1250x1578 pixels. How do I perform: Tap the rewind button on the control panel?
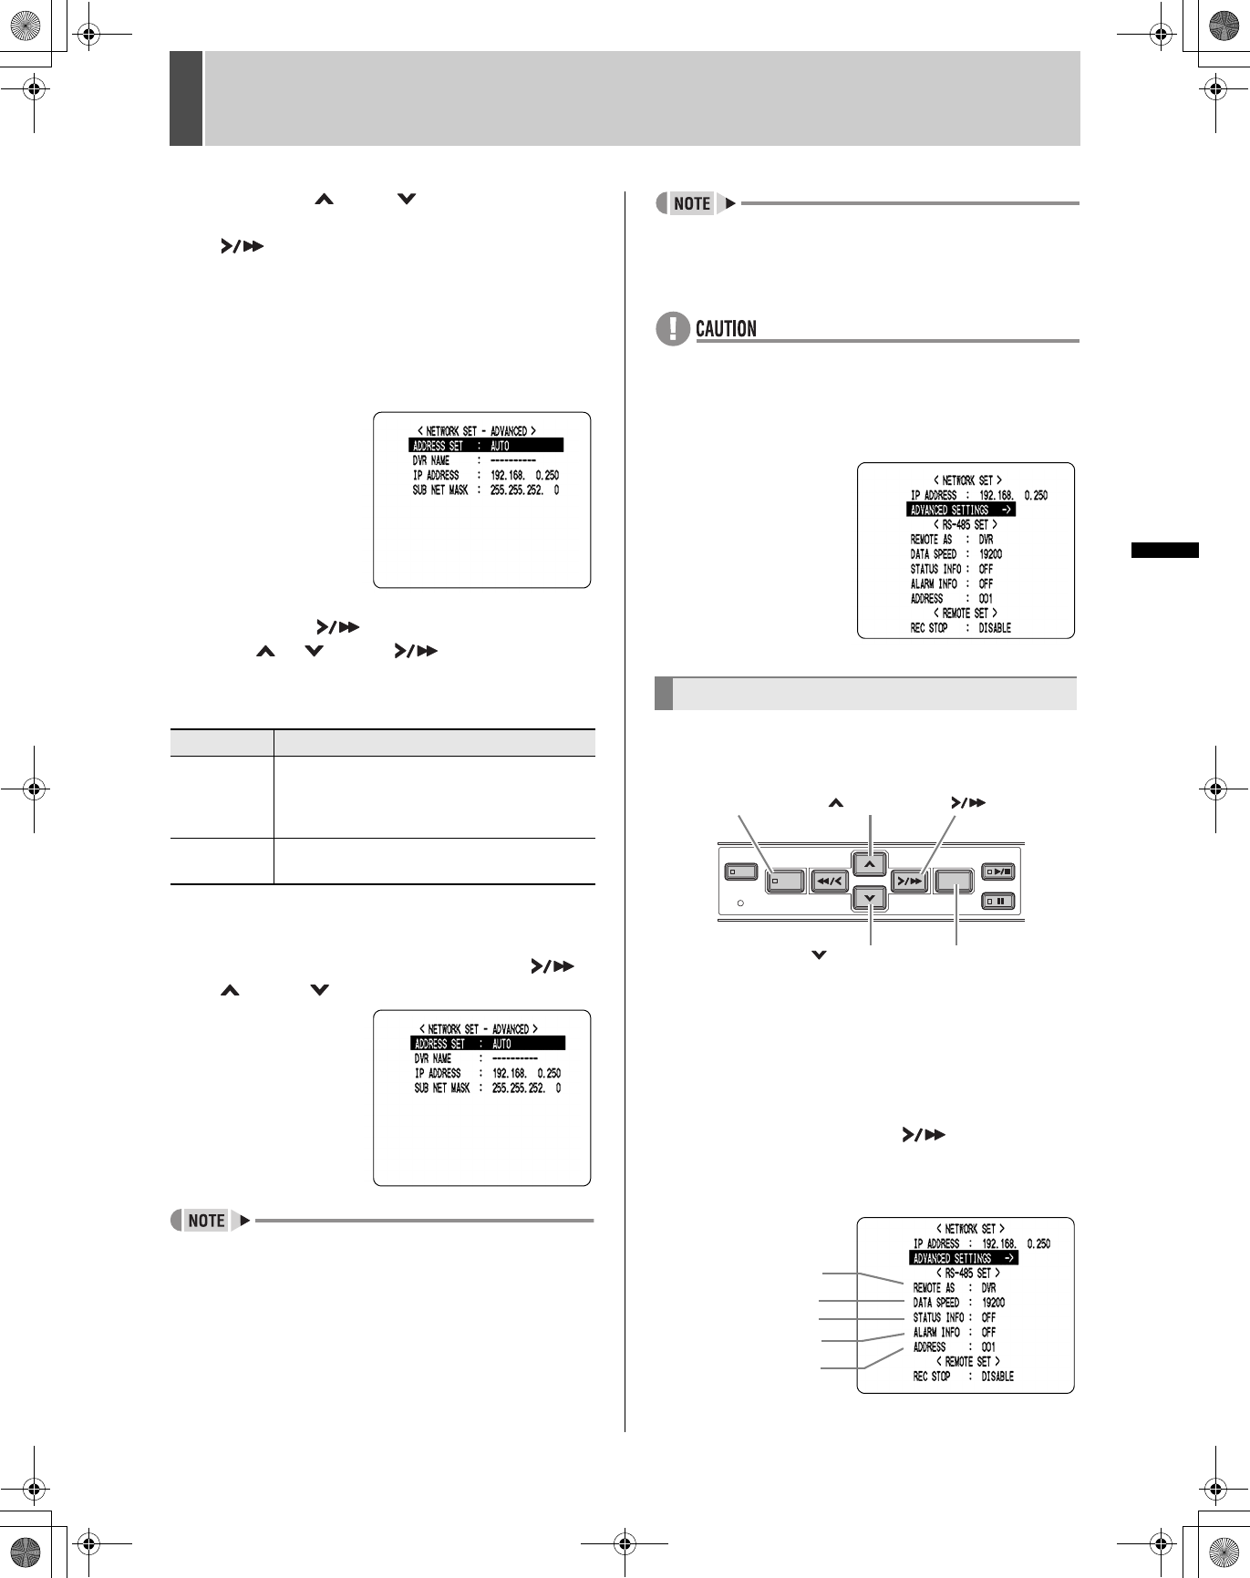829,882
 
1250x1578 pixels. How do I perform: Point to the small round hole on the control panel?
740,904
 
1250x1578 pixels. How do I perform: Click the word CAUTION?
726,328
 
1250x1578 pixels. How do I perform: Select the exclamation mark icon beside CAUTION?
672,328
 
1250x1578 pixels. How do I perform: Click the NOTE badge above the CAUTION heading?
691,203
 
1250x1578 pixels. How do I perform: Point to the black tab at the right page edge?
1164,550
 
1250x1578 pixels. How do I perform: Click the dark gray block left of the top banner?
185,98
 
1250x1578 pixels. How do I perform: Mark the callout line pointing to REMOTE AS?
862,1275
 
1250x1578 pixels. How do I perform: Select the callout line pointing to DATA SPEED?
862,1302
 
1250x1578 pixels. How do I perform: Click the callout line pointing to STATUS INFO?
862,1318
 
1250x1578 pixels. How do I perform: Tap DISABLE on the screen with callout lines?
997,1377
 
